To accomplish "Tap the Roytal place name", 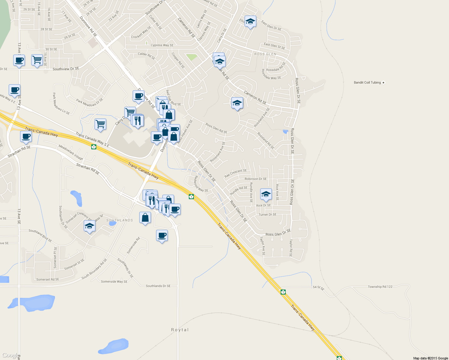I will (x=180, y=330).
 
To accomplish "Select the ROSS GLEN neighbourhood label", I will (x=265, y=54).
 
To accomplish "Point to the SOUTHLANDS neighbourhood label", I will (x=119, y=220).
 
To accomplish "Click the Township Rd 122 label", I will (x=380, y=287).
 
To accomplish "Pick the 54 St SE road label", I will (x=318, y=288).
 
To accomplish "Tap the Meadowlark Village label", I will (x=71, y=152).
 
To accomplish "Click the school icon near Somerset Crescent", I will (x=89, y=226).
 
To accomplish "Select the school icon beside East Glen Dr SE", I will (x=250, y=22).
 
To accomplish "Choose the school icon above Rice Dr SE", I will (x=266, y=194).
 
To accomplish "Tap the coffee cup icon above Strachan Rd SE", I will (x=26, y=136).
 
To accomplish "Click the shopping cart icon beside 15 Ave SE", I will (x=37, y=60).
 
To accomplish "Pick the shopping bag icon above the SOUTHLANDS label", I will (x=145, y=217).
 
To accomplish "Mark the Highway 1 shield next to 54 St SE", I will (x=283, y=292).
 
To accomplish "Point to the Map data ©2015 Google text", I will (x=430, y=358).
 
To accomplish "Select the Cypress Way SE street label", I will (x=162, y=45).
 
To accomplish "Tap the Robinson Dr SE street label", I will (x=255, y=179).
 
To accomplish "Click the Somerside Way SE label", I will (x=114, y=281).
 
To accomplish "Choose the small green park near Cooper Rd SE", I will (x=191, y=57).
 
